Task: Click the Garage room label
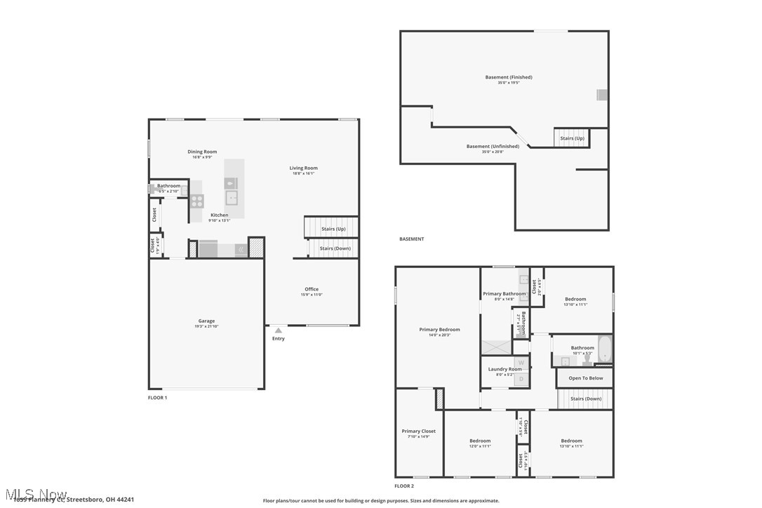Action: [x=206, y=321]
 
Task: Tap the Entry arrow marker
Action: [x=279, y=330]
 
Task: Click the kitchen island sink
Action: [x=231, y=197]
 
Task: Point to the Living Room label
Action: [x=304, y=168]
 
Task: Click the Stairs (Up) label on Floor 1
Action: [x=333, y=229]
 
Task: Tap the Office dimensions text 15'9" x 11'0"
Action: [x=312, y=295]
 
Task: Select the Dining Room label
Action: [x=202, y=152]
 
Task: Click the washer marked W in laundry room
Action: [x=521, y=362]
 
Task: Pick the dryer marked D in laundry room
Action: [x=521, y=379]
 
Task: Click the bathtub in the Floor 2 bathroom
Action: [x=605, y=349]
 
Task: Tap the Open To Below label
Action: [x=585, y=378]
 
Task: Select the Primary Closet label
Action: [x=419, y=432]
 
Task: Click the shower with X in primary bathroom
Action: [x=496, y=347]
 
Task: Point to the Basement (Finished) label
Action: [x=509, y=77]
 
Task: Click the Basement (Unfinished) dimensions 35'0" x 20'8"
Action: [x=493, y=152]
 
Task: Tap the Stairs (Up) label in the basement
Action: [x=572, y=138]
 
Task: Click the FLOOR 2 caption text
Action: [x=404, y=486]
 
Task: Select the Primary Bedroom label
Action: [x=440, y=330]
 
